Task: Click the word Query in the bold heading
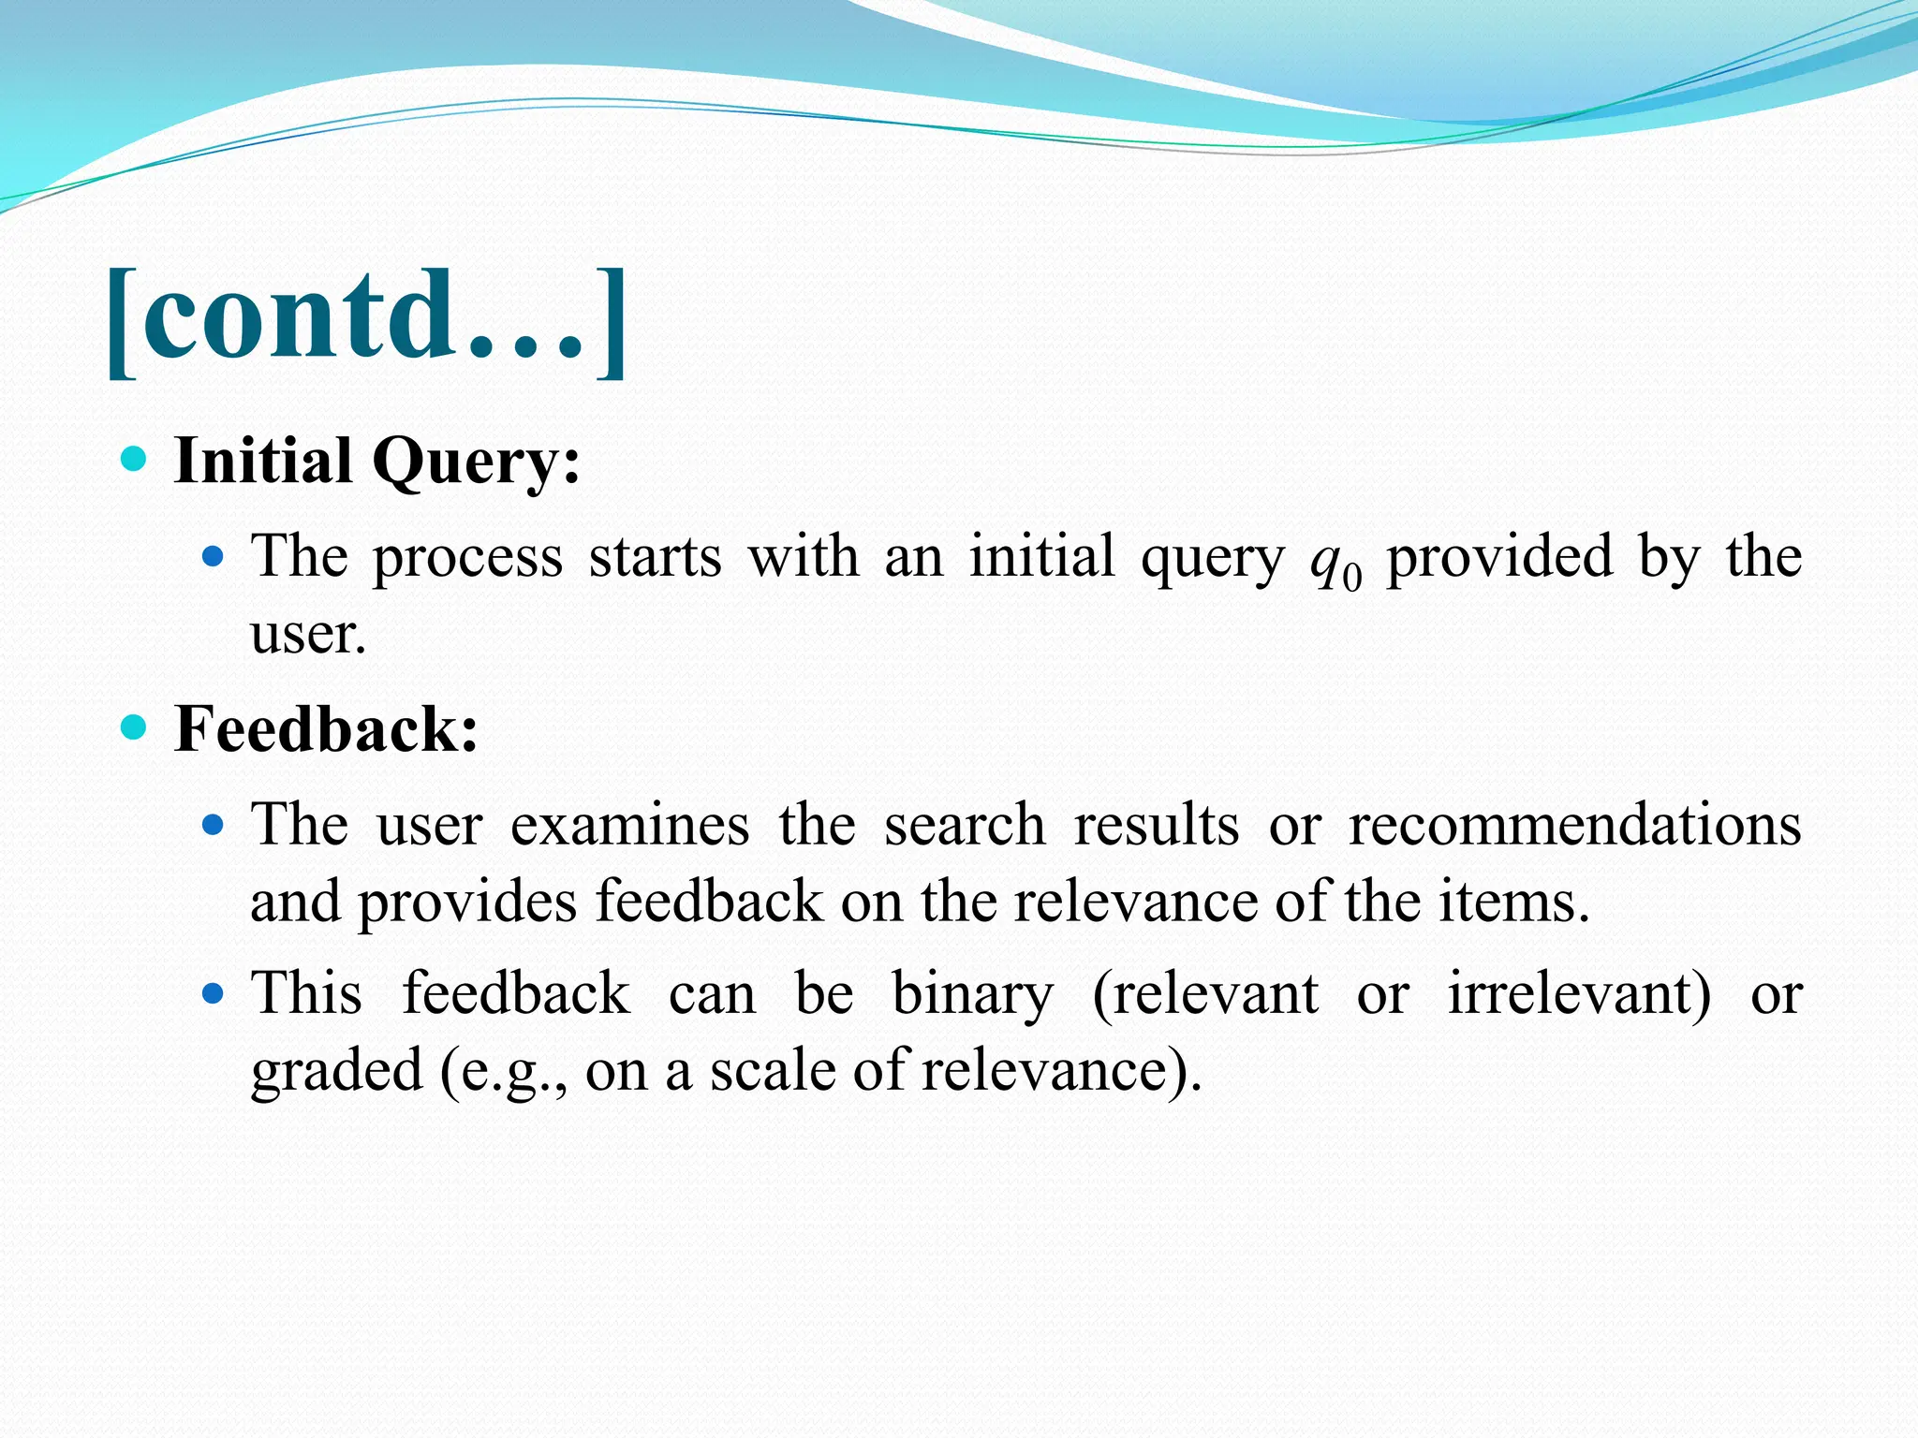point(476,462)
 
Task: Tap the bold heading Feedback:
point(326,729)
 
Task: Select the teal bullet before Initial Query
point(135,459)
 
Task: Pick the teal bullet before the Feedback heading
point(135,726)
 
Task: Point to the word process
point(467,558)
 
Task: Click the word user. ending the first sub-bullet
point(307,634)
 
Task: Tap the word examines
point(629,826)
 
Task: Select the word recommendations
point(1574,826)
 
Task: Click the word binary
point(972,994)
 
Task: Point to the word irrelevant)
point(1579,993)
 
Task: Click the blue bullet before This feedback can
point(214,993)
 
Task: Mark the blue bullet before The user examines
point(214,825)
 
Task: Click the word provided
point(1499,558)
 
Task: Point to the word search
point(964,826)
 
